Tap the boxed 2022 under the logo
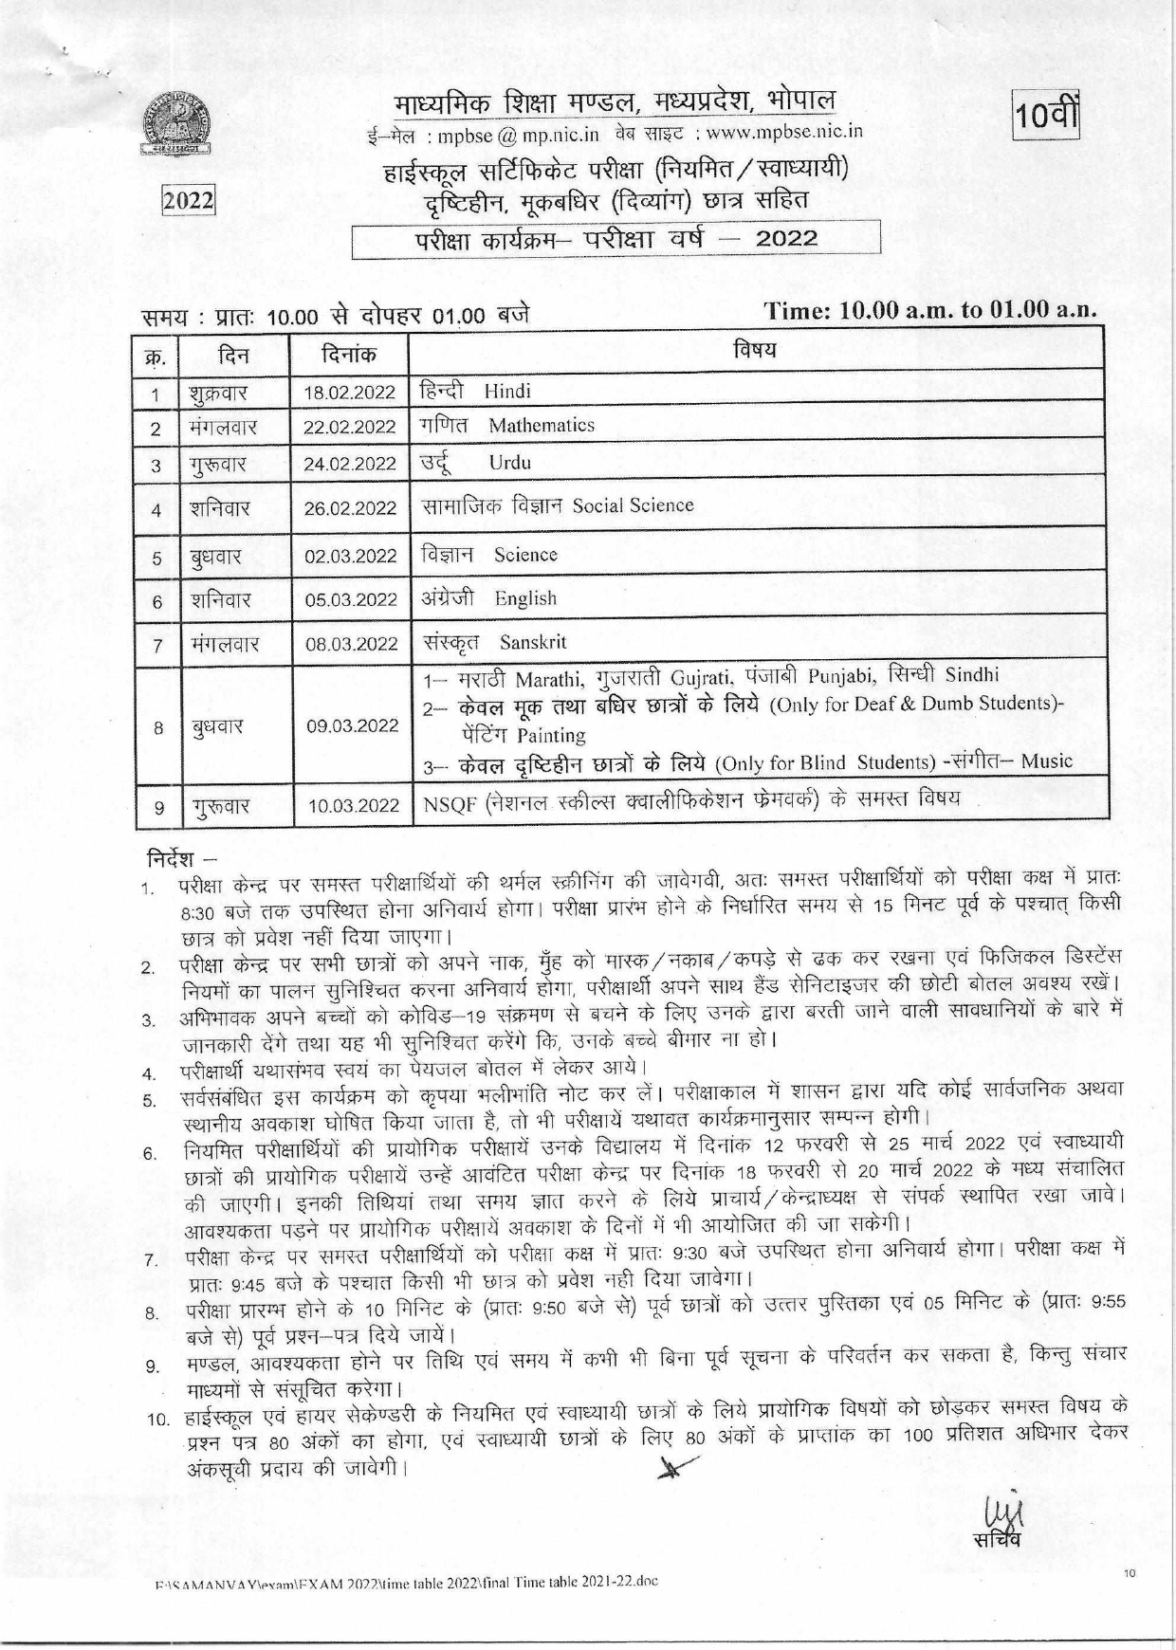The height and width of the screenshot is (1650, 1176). point(188,202)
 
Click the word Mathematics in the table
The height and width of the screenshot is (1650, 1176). point(542,426)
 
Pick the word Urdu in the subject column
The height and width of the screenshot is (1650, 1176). point(509,463)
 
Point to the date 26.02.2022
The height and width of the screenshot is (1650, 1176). point(350,508)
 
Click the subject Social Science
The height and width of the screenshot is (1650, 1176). point(633,505)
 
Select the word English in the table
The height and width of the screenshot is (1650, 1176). point(525,598)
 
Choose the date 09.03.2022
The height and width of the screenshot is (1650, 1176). point(351,726)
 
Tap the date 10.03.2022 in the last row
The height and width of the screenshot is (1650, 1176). point(353,806)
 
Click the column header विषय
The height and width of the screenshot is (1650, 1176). point(755,350)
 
